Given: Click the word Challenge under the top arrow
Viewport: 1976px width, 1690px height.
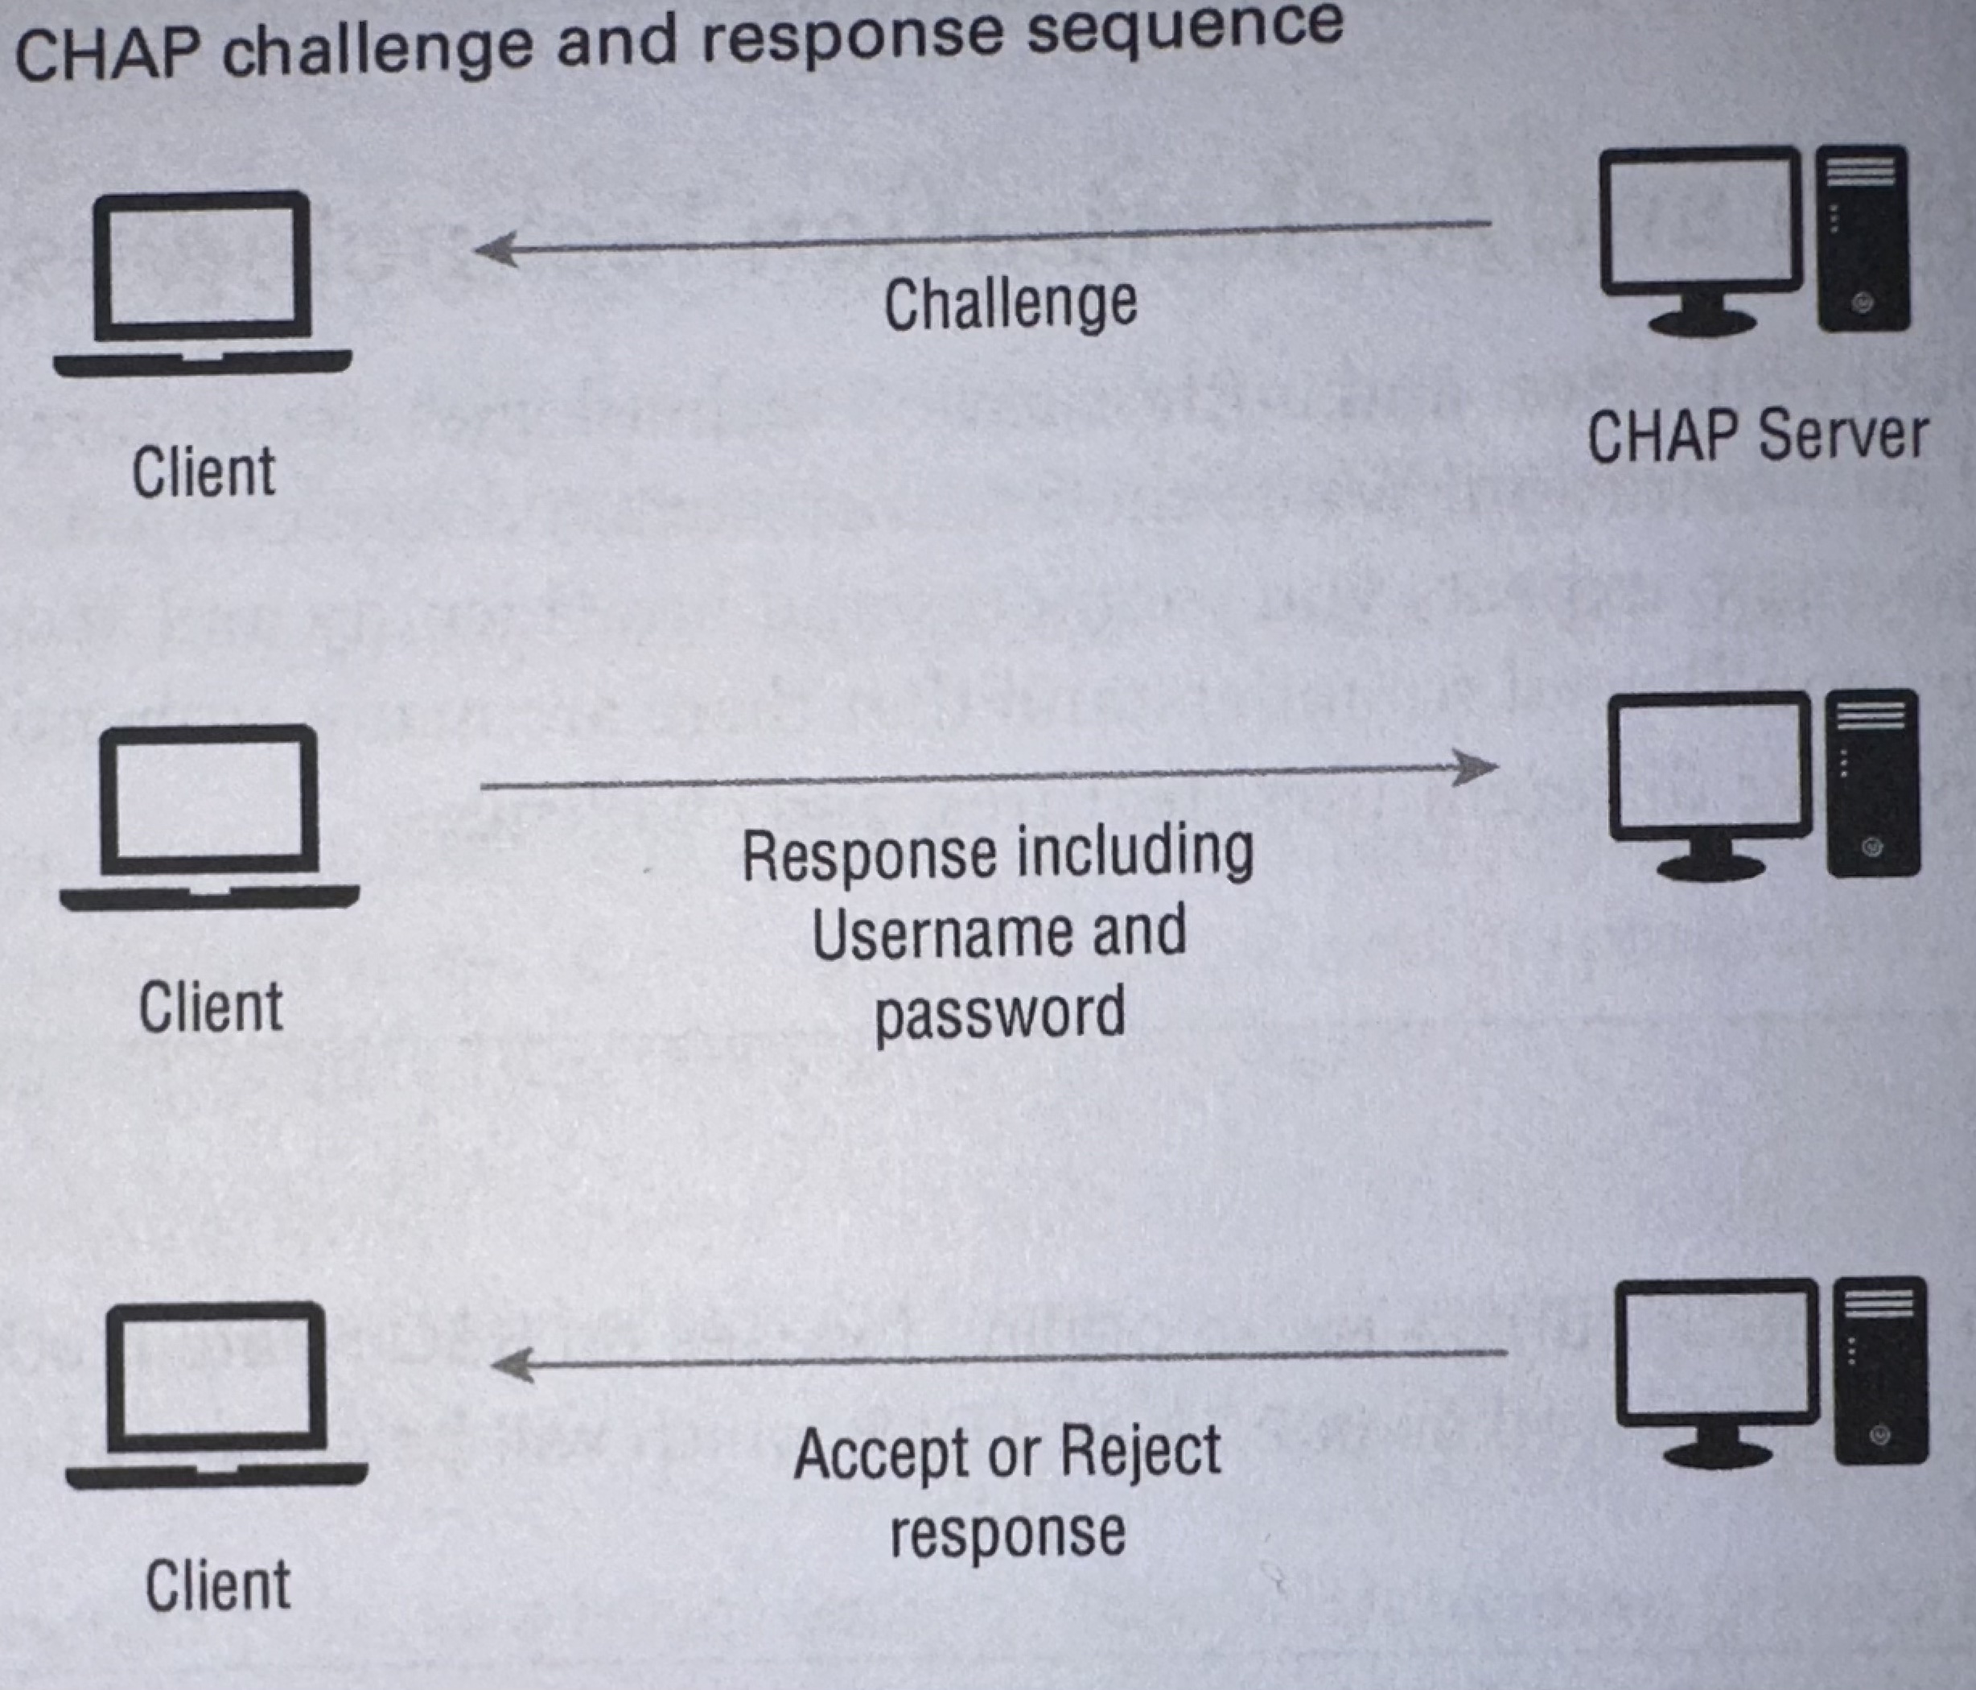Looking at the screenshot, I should [1010, 305].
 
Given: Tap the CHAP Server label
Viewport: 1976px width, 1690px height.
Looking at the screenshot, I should [1756, 437].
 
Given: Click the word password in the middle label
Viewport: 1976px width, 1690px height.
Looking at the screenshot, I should [999, 1013].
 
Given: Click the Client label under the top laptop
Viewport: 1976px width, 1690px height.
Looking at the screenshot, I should [203, 472].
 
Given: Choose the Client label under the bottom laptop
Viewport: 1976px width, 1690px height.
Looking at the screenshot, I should [217, 1585].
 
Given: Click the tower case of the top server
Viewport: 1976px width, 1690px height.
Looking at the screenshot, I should [1862, 238].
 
